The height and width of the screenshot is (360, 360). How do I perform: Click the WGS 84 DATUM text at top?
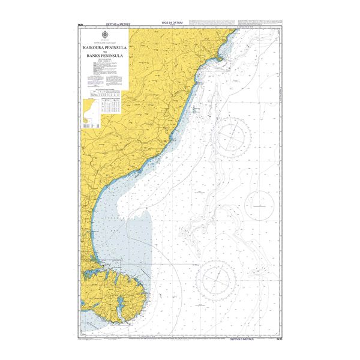click(x=179, y=25)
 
